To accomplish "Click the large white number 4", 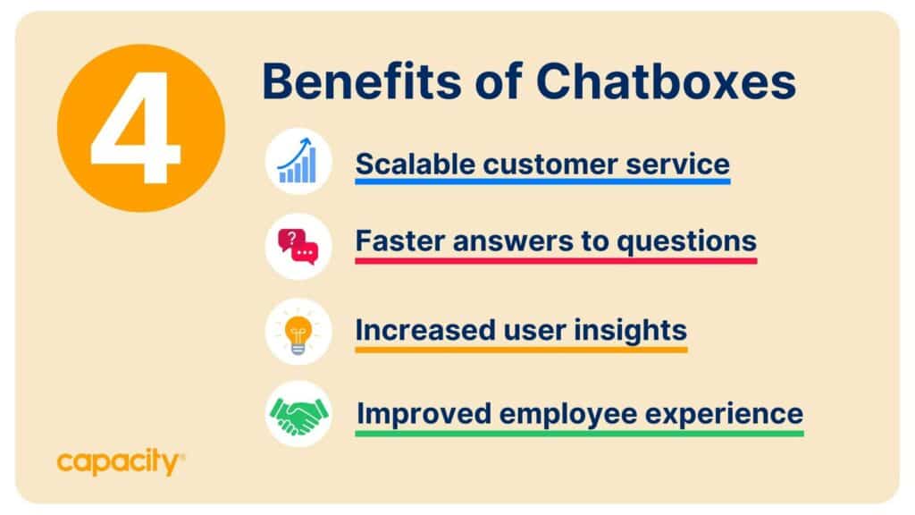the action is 136,127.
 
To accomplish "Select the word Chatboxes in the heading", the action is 666,80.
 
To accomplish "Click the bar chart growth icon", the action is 298,161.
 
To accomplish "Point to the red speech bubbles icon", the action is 298,247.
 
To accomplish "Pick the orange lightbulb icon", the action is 298,333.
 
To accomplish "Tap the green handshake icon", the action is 298,415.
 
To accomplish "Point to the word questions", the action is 687,241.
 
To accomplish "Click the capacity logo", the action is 121,462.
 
